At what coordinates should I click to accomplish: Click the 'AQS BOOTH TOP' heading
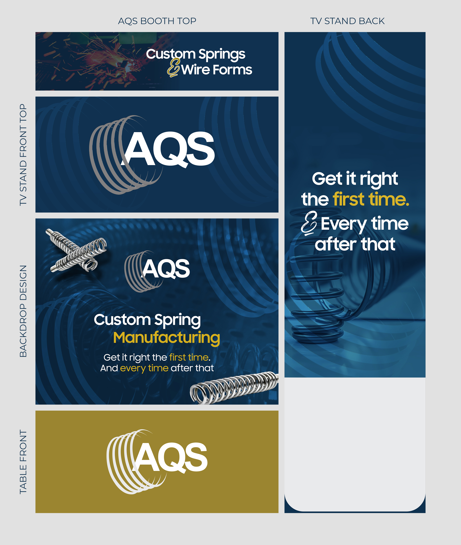157,21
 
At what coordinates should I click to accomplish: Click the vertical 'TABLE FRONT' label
23,462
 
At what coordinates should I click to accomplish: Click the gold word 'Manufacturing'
166,338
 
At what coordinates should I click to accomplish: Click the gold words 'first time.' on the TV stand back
371,199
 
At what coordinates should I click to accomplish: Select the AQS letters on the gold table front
171,457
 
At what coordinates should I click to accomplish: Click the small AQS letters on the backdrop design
166,269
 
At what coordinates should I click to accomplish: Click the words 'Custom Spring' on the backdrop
147,320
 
